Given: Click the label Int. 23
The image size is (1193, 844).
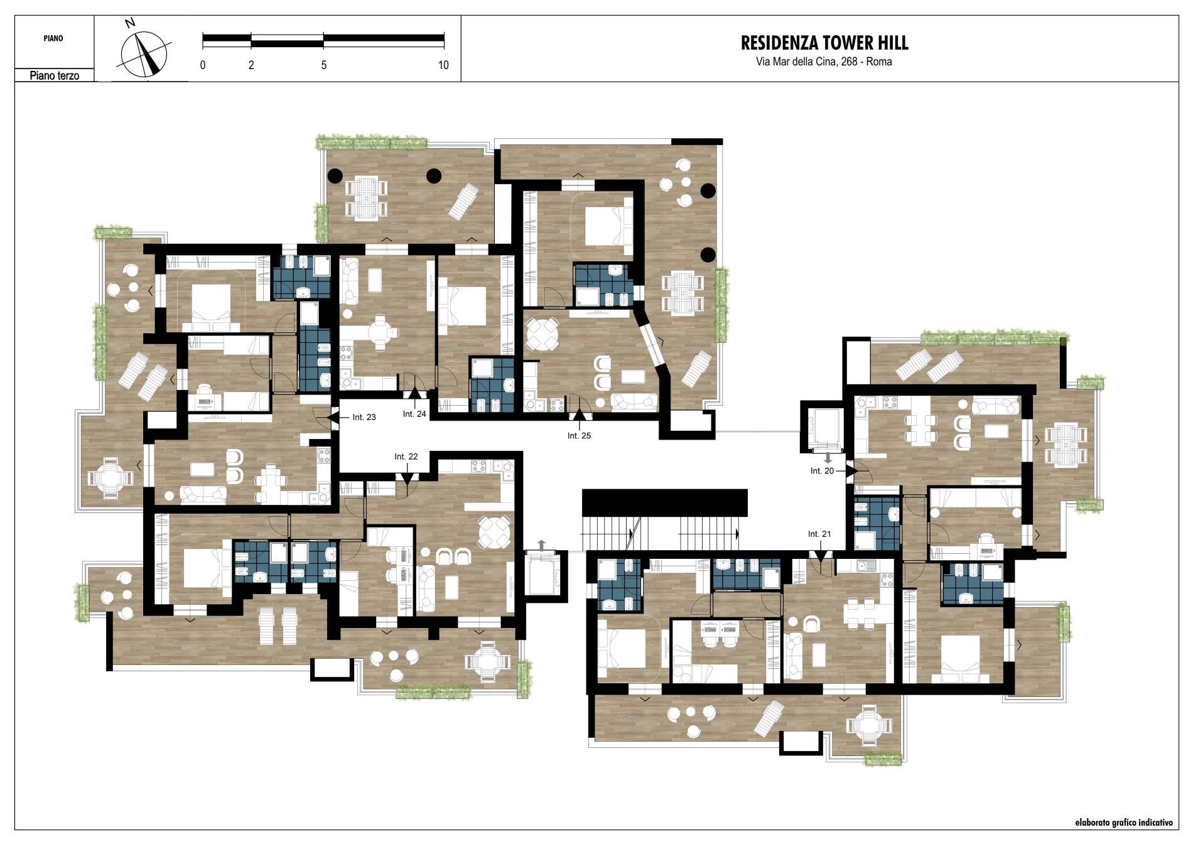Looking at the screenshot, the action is (364, 417).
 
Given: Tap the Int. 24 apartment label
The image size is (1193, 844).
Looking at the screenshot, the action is (414, 414).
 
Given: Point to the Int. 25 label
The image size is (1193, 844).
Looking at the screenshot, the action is (579, 435).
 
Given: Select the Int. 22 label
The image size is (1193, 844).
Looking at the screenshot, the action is (406, 457).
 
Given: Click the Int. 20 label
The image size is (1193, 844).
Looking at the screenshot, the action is (822, 471).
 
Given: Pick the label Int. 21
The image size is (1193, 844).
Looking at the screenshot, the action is (819, 534).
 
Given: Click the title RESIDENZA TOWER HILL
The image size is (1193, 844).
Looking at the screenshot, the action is (824, 43).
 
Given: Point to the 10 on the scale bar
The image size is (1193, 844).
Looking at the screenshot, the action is (443, 65).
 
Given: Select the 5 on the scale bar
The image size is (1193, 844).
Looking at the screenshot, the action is (324, 65).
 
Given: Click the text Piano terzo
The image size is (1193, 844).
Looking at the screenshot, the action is (55, 75).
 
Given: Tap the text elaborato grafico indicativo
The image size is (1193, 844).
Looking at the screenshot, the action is (1123, 822).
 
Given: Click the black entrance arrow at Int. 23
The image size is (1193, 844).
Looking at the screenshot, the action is (333, 416).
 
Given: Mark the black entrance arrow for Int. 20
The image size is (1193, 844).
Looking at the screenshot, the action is (851, 470).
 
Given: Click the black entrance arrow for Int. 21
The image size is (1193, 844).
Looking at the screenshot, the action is (819, 556).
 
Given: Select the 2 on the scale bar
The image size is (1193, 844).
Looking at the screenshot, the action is (251, 65).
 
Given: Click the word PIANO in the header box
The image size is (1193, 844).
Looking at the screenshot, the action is (53, 38).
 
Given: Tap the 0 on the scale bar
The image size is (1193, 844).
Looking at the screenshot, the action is (203, 65).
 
